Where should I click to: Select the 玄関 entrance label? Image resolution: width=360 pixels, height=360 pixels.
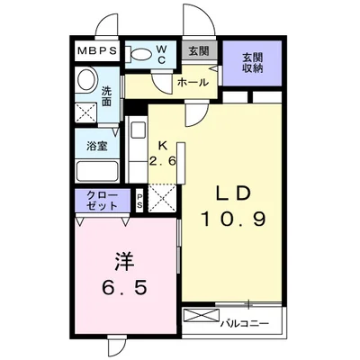click(198, 51)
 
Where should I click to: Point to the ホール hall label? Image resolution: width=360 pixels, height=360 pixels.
click(193, 82)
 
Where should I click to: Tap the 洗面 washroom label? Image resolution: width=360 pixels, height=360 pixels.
click(106, 94)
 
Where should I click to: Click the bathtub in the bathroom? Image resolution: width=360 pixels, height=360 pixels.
click(95, 169)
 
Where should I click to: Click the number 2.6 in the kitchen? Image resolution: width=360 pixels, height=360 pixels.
click(163, 159)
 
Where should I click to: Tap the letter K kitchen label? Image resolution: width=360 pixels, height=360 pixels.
click(163, 144)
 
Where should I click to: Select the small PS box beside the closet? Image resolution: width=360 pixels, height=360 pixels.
click(140, 201)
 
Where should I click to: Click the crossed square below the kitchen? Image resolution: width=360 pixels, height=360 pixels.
click(163, 198)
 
